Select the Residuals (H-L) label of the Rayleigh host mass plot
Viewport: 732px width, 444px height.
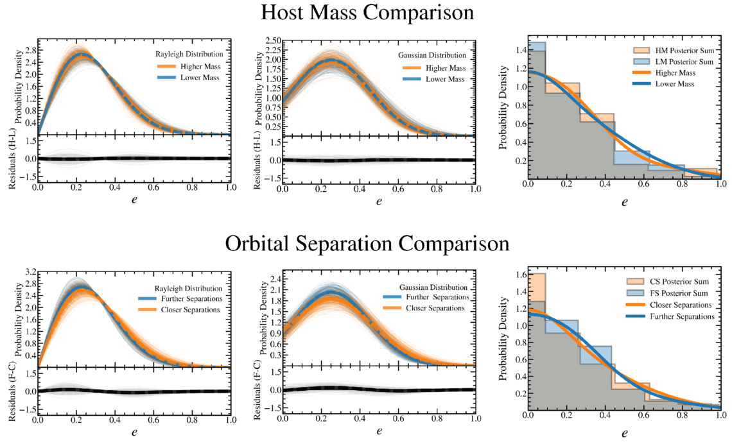[x=13, y=158]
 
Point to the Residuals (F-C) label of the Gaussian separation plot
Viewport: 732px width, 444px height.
[x=258, y=389]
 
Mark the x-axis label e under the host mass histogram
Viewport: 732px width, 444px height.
[x=624, y=201]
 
